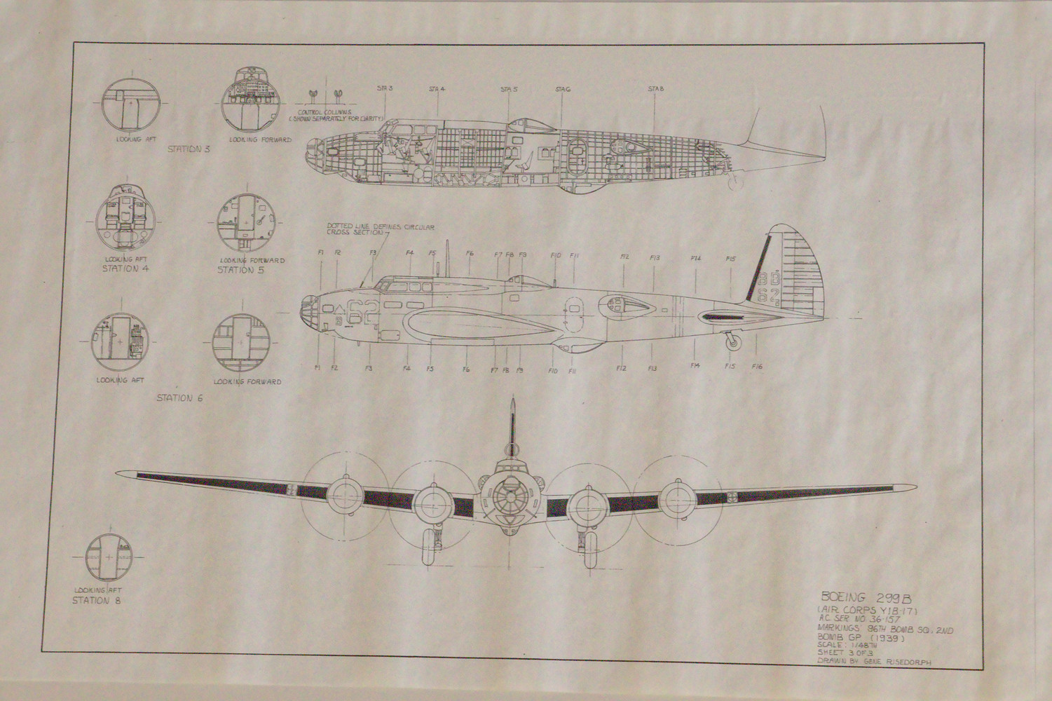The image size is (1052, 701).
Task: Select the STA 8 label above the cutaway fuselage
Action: click(x=655, y=89)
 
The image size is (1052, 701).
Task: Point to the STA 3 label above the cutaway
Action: click(x=385, y=88)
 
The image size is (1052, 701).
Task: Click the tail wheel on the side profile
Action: click(x=733, y=341)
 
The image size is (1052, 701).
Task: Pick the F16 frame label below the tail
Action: click(x=757, y=366)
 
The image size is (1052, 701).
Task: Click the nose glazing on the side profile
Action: click(x=309, y=308)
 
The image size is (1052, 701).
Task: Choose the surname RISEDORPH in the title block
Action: click(x=909, y=661)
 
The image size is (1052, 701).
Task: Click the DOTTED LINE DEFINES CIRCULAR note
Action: click(x=381, y=227)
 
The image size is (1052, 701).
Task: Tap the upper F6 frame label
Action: click(x=470, y=253)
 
